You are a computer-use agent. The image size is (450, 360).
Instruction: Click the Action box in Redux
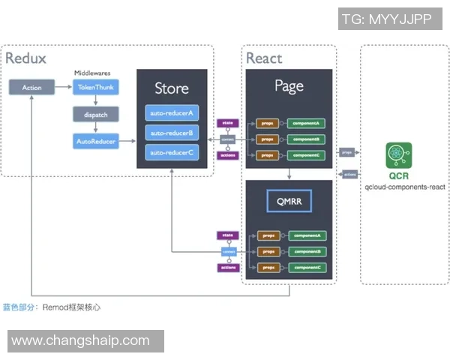click(x=31, y=88)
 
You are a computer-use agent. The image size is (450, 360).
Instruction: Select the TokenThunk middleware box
click(x=95, y=88)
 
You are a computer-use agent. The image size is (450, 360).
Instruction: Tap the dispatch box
click(x=95, y=114)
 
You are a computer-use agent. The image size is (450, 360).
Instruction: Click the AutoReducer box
click(x=95, y=140)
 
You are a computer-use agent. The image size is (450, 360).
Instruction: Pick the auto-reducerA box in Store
click(x=172, y=114)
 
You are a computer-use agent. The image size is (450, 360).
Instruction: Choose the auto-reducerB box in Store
click(x=172, y=133)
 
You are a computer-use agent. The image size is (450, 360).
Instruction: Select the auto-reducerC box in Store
click(x=172, y=153)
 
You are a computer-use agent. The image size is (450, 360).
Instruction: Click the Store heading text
click(x=172, y=88)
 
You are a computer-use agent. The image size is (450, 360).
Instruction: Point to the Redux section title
click(x=25, y=58)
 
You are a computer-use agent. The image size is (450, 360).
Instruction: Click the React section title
click(x=265, y=58)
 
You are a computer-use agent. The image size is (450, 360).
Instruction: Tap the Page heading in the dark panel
click(x=289, y=85)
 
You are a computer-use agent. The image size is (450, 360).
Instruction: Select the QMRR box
click(x=289, y=200)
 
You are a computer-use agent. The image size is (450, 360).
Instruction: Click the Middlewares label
click(x=94, y=73)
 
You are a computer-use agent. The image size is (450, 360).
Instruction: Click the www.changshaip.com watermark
click(x=81, y=340)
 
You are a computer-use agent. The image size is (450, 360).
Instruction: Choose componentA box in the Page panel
click(x=306, y=122)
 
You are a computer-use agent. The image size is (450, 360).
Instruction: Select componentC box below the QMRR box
click(x=306, y=267)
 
